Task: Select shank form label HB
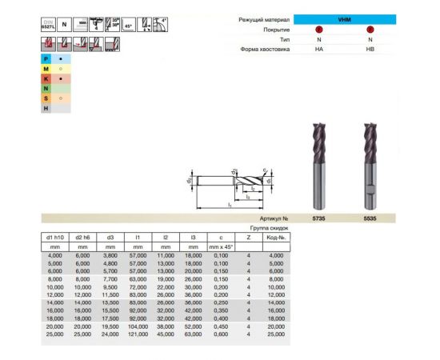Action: (x=370, y=50)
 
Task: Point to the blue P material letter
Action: (x=46, y=58)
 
